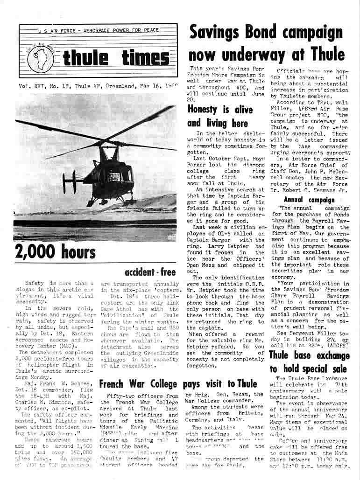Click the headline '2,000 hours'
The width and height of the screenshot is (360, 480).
(x=55, y=252)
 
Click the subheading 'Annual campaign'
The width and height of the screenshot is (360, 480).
(x=309, y=200)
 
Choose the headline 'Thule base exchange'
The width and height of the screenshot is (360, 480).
(x=309, y=355)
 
